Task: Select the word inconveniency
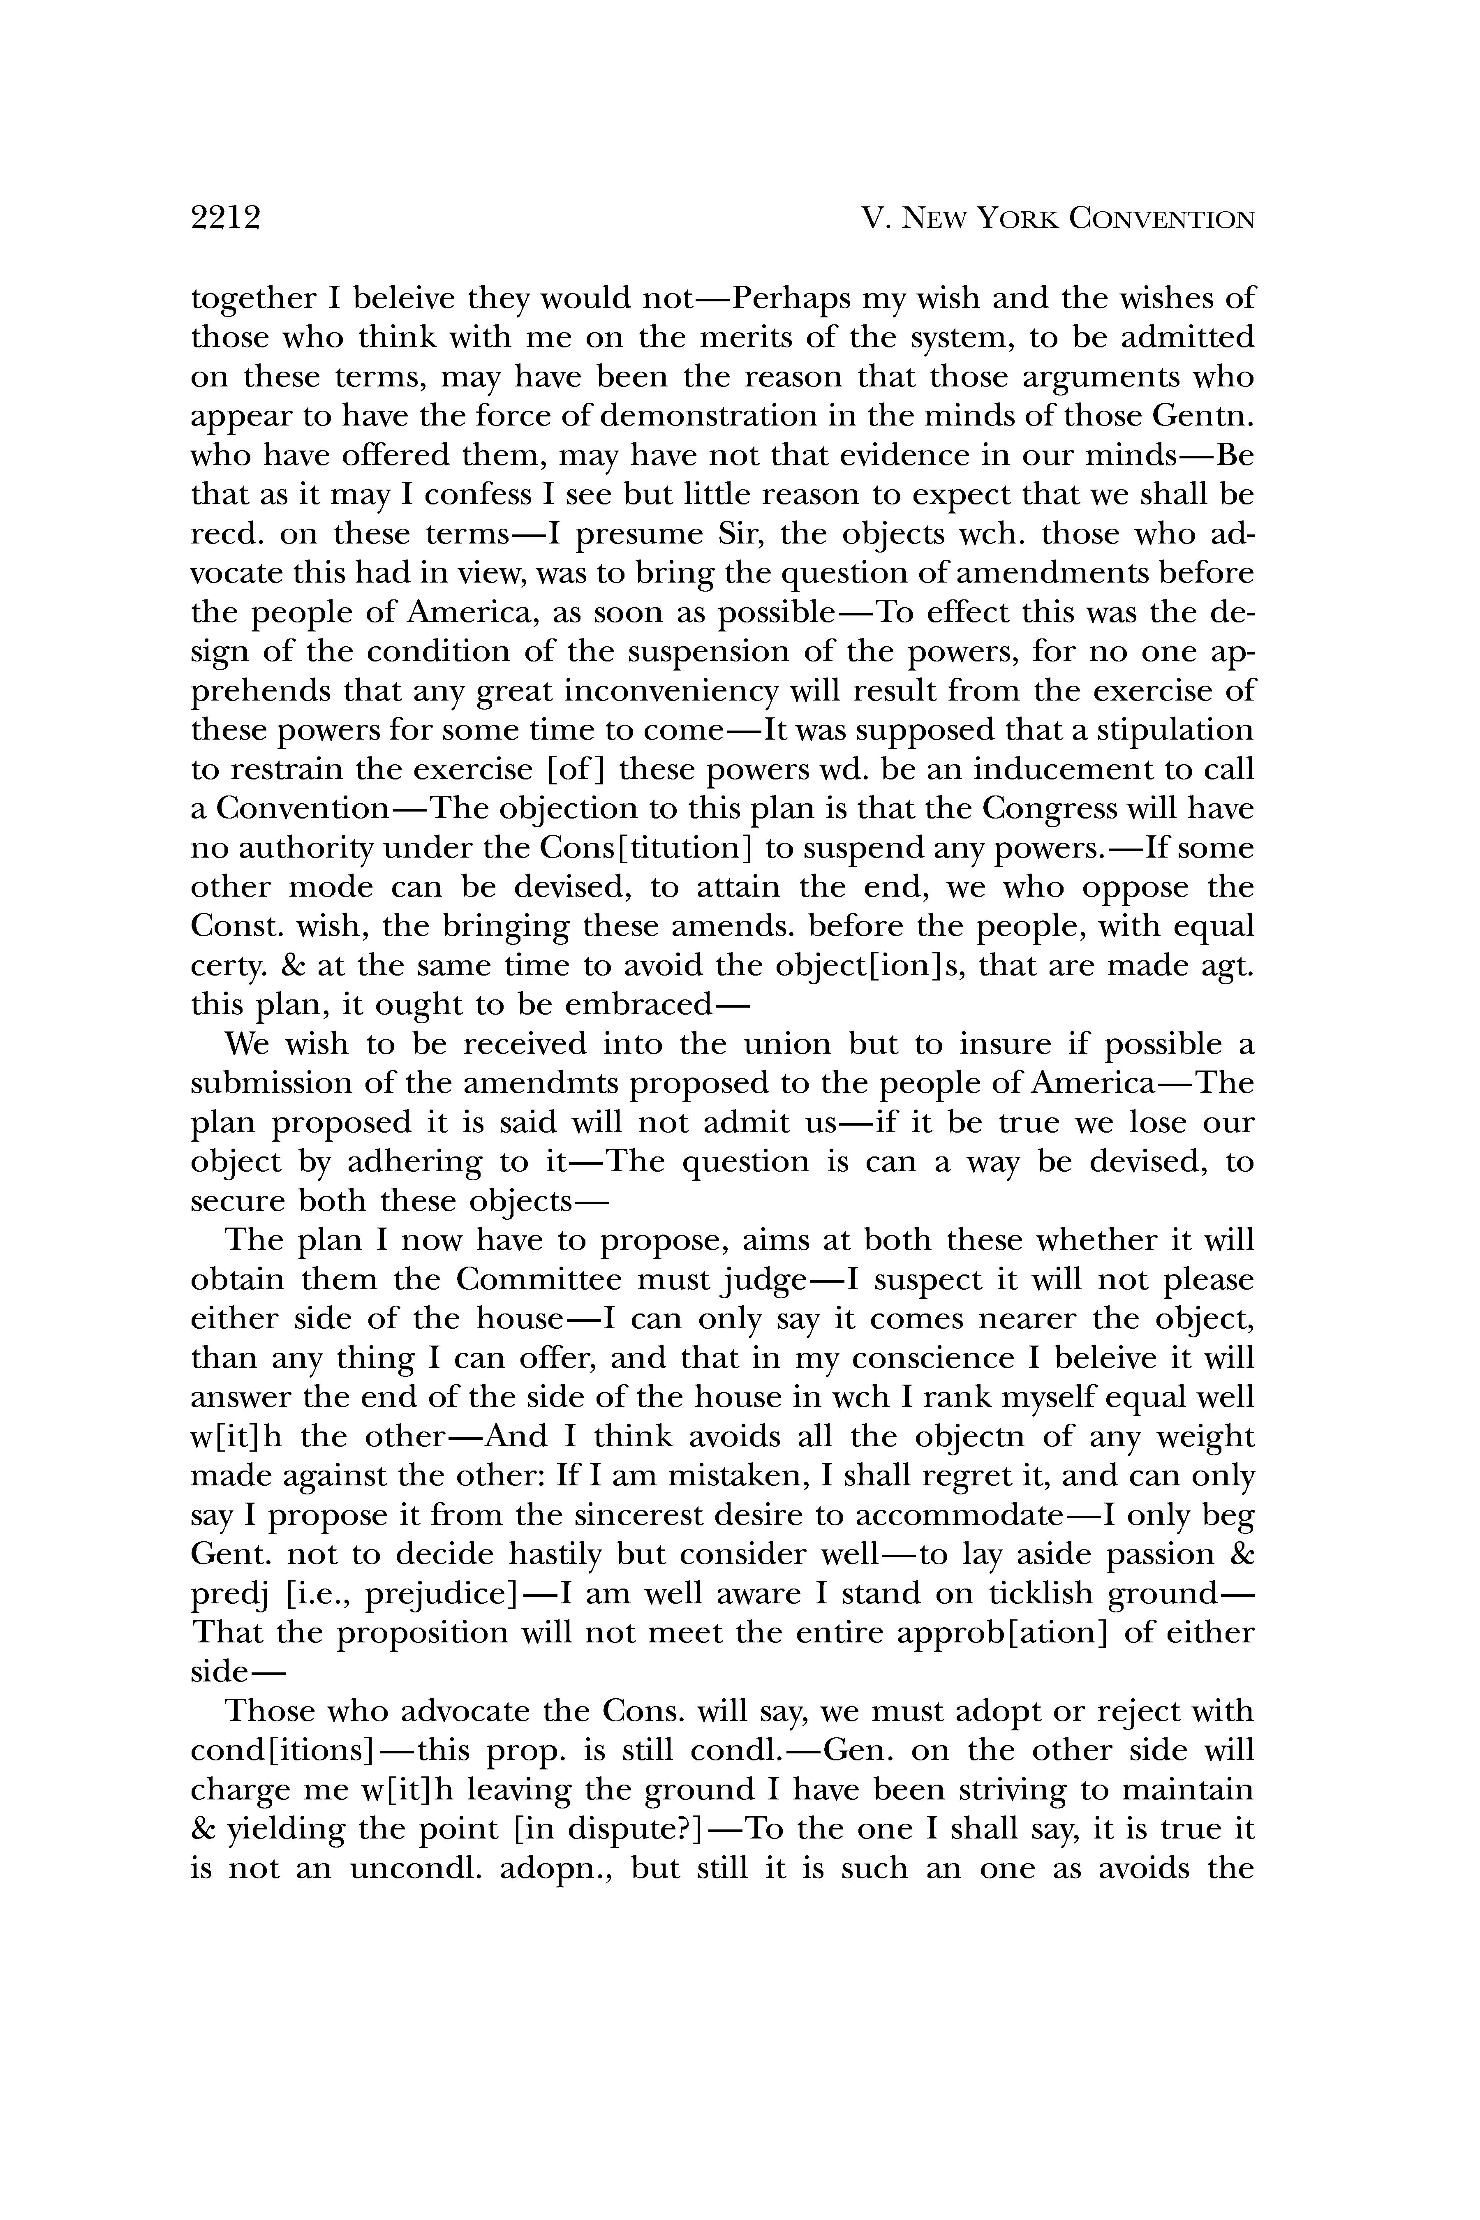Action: point(670,691)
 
